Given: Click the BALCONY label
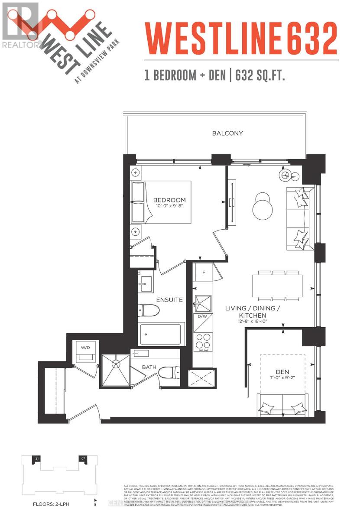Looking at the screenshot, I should (x=227, y=133).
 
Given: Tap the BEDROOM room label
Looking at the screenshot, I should (x=169, y=200).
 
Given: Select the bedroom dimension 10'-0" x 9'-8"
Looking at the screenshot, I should (x=169, y=206).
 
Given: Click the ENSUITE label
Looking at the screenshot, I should (x=169, y=299).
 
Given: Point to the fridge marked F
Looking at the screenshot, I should (x=204, y=273).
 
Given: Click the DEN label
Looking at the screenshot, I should (x=282, y=371).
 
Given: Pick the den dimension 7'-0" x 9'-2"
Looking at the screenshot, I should (x=282, y=378).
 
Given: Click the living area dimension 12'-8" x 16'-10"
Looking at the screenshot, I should (x=253, y=322).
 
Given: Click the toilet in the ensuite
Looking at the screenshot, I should (x=148, y=310).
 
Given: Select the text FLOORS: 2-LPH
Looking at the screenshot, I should (x=52, y=504).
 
